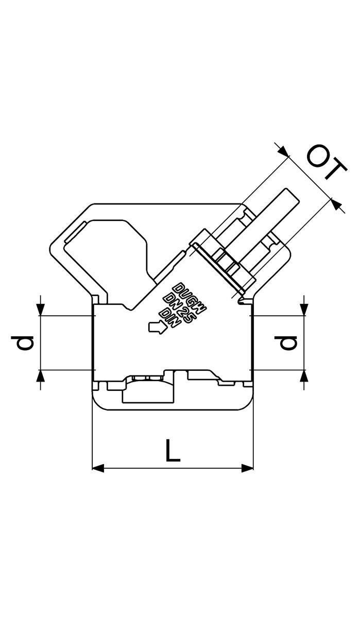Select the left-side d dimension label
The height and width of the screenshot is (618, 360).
click(x=22, y=342)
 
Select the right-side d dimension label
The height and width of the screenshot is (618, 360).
click(x=285, y=342)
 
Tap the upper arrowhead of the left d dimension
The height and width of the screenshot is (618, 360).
click(x=41, y=310)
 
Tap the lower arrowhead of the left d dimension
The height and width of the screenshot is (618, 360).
click(x=41, y=375)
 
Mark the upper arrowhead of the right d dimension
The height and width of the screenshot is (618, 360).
click(x=304, y=310)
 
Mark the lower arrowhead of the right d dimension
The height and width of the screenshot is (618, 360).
click(x=304, y=375)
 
